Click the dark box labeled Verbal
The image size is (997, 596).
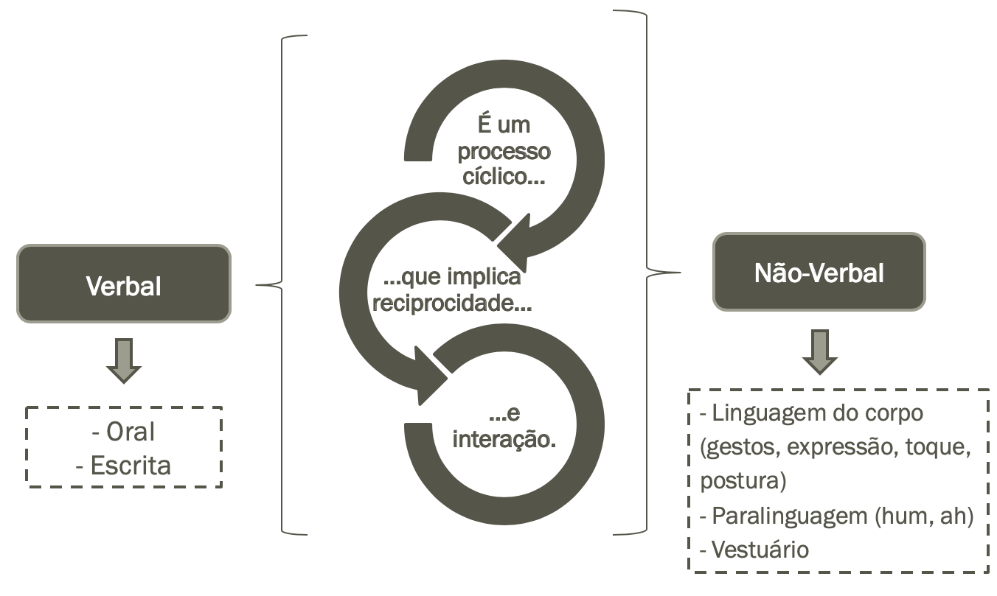point(123,284)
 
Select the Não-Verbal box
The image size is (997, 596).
point(819,273)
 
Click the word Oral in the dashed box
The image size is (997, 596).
point(131,432)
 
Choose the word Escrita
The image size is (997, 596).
point(131,466)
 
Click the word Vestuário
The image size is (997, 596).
point(760,550)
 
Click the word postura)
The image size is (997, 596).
point(743,481)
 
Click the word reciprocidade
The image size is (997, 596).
point(452,303)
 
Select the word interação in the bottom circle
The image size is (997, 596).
point(503,440)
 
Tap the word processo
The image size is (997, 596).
point(504,152)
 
